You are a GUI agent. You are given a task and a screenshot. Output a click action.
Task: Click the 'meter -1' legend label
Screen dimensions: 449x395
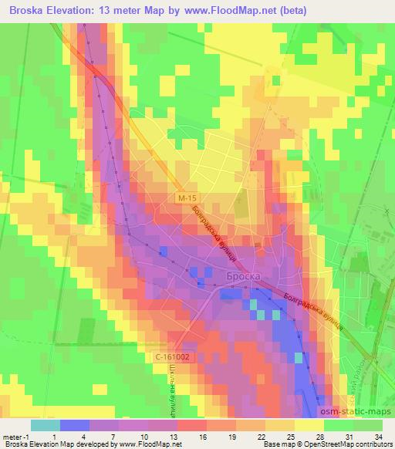16,437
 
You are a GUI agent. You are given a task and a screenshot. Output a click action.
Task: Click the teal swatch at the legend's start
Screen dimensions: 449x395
45,425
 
